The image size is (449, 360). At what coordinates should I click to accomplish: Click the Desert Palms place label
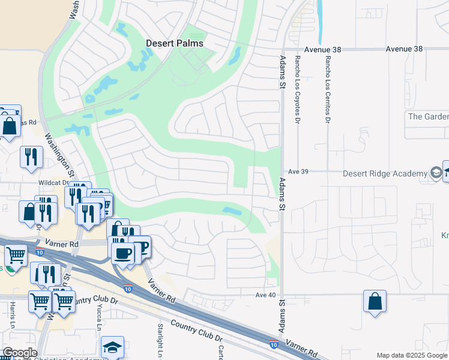point(175,44)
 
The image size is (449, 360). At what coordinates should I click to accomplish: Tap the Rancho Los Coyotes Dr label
point(297,89)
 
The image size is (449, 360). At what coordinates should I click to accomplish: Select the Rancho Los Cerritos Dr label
point(328,89)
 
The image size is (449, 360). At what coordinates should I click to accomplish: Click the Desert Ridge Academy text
point(385,174)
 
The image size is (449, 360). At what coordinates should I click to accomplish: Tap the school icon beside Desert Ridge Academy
point(436,173)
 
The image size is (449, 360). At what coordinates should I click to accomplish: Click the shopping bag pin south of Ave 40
point(375,302)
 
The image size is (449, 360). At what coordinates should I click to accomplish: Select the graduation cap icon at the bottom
point(112,347)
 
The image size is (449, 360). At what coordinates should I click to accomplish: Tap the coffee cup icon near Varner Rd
point(123,253)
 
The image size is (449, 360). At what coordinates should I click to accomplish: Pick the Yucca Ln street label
point(99,318)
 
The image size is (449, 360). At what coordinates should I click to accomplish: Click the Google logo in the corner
point(19,353)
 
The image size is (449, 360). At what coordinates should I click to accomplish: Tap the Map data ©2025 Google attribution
point(412,355)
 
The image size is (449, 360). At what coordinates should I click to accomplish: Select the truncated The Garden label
point(428,116)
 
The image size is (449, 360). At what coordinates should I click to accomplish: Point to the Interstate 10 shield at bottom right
point(274,344)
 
